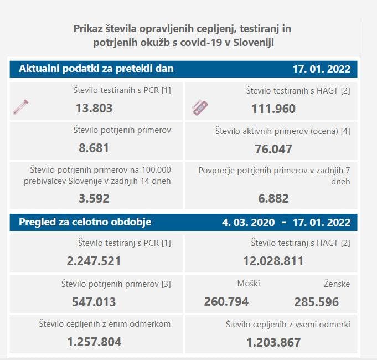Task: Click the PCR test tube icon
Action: point(20,106)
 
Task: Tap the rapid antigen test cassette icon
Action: point(199,107)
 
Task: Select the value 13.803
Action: point(94,108)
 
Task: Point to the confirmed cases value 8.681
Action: point(94,148)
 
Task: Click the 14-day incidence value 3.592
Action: point(94,198)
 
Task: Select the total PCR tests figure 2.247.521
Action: point(94,261)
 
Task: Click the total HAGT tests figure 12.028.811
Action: point(273,261)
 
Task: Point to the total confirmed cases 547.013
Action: point(94,302)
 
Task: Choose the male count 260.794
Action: point(226,302)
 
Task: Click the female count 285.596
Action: point(317,302)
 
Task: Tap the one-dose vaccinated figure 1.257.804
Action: point(94,342)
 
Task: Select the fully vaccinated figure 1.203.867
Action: point(274,342)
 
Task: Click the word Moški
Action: point(248,284)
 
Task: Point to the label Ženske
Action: point(337,284)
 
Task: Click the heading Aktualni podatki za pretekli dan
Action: point(96,69)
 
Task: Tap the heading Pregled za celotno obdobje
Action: point(85,222)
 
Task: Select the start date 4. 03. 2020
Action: point(249,222)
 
